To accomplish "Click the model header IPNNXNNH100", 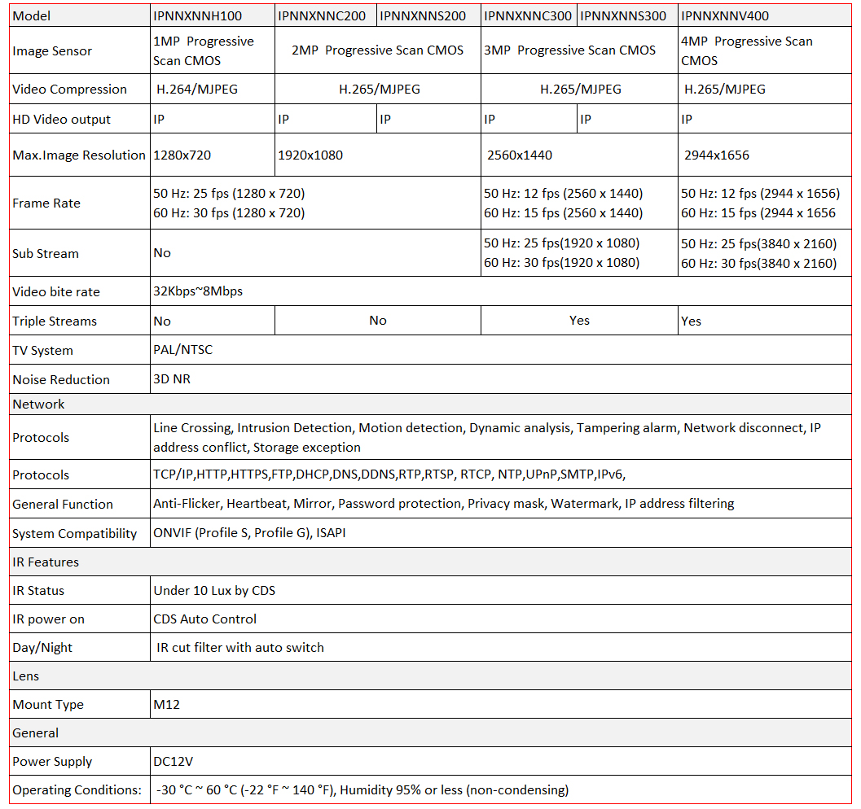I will click(197, 15).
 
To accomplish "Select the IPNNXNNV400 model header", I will click(724, 15).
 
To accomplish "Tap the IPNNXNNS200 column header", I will click(423, 15).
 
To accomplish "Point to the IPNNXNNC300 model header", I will click(528, 15).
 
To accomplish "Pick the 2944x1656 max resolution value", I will click(717, 155).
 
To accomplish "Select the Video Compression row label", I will click(70, 90).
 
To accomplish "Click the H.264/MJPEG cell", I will click(197, 90).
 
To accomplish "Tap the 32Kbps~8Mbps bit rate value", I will click(198, 291).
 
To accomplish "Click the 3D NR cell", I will click(172, 379).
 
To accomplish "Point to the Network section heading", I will click(38, 404).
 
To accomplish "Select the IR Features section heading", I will click(46, 562).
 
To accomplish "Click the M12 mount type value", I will click(166, 704).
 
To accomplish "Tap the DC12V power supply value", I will click(174, 762).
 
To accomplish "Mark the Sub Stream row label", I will click(46, 253).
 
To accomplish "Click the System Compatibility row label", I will click(75, 533).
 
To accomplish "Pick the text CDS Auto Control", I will click(204, 619).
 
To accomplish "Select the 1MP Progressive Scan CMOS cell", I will click(204, 50).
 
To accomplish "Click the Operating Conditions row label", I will click(77, 789).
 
